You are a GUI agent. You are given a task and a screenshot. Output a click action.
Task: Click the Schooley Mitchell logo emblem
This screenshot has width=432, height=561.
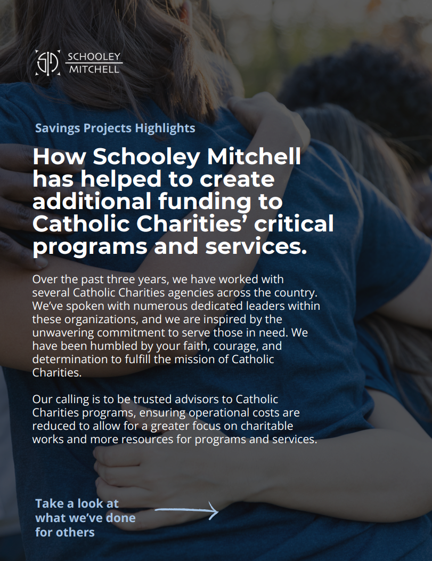[x=48, y=63]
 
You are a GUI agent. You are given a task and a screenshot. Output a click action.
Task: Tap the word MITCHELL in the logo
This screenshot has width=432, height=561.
[x=94, y=70]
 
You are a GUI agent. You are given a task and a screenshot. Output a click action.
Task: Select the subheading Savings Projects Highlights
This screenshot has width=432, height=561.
[x=115, y=128]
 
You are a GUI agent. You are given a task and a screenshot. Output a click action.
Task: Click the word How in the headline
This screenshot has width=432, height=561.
[x=59, y=157]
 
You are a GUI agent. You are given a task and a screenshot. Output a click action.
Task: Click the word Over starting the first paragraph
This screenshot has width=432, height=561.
[x=44, y=279]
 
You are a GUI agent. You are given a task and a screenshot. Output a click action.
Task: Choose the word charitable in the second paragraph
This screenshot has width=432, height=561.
[x=264, y=426]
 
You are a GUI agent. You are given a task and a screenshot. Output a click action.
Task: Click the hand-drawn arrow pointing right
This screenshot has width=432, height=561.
[x=186, y=511]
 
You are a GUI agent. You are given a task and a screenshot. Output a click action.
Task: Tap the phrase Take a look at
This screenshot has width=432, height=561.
[x=77, y=503]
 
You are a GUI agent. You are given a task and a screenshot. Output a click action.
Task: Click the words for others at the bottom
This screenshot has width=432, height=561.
[x=65, y=532]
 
